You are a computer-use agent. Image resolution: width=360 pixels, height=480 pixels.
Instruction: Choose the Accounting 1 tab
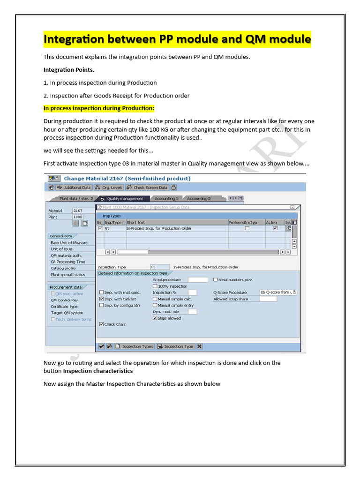[166, 199]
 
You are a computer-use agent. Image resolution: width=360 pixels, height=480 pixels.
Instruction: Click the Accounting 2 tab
[199, 199]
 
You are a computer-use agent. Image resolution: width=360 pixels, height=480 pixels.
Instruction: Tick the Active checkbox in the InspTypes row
[275, 228]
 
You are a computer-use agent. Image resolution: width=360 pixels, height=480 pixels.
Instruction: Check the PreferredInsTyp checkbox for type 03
[247, 228]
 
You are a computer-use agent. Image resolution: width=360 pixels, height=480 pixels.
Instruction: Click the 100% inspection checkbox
[155, 286]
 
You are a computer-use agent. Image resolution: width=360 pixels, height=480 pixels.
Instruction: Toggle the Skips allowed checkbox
[155, 318]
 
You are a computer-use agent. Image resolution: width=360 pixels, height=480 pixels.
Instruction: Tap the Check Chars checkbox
[102, 324]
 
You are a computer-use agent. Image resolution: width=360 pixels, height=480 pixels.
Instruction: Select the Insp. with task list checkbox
[102, 299]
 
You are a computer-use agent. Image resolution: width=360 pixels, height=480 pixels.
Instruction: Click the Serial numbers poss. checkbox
[216, 280]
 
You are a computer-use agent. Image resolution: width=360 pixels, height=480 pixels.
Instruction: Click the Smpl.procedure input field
[197, 280]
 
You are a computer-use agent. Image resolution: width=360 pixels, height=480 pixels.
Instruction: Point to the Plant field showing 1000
[78, 217]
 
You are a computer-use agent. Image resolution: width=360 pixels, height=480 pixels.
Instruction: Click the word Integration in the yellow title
[71, 39]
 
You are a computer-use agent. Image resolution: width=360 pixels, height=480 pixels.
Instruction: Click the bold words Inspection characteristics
[97, 371]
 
